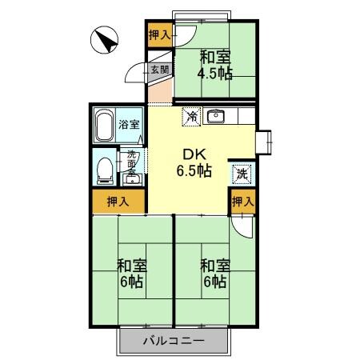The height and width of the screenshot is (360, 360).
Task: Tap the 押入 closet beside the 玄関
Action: click(x=159, y=34)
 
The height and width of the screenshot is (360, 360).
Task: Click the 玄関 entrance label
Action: click(x=159, y=70)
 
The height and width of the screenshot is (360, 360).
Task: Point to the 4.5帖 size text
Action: click(x=215, y=74)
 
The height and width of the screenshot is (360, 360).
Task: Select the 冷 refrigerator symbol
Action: click(x=191, y=117)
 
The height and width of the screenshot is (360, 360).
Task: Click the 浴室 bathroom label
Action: click(x=129, y=124)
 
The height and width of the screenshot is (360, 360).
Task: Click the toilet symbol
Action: click(x=103, y=168)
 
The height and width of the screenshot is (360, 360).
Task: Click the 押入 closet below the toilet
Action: click(x=117, y=202)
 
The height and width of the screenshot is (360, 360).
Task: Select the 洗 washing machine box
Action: click(x=242, y=172)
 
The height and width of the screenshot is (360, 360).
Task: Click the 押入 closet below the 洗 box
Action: click(x=242, y=202)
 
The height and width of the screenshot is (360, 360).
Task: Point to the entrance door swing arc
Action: click(x=137, y=74)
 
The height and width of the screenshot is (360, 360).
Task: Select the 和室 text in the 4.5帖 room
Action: click(x=215, y=58)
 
